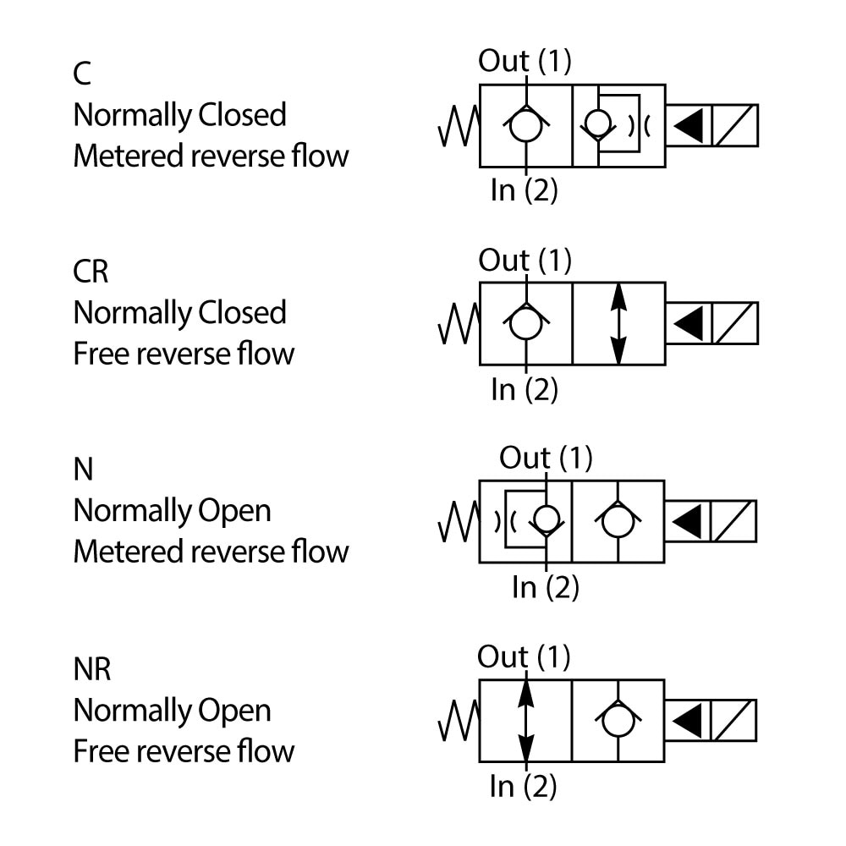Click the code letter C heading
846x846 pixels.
tap(82, 74)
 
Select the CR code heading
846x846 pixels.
tap(91, 272)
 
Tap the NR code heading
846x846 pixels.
tap(92, 669)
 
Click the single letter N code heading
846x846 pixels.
tap(83, 470)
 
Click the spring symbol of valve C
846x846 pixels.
tap(458, 125)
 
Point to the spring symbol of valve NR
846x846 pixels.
tap(458, 721)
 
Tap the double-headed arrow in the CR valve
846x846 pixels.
tap(618, 324)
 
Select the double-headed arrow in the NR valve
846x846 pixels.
tap(526, 721)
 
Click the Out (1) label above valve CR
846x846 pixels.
tap(525, 260)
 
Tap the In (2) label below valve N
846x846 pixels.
tap(546, 586)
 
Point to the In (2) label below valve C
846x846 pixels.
tap(525, 190)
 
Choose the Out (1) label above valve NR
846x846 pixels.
tap(524, 656)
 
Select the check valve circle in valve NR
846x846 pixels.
tap(618, 720)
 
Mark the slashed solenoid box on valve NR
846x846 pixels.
tap(734, 721)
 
